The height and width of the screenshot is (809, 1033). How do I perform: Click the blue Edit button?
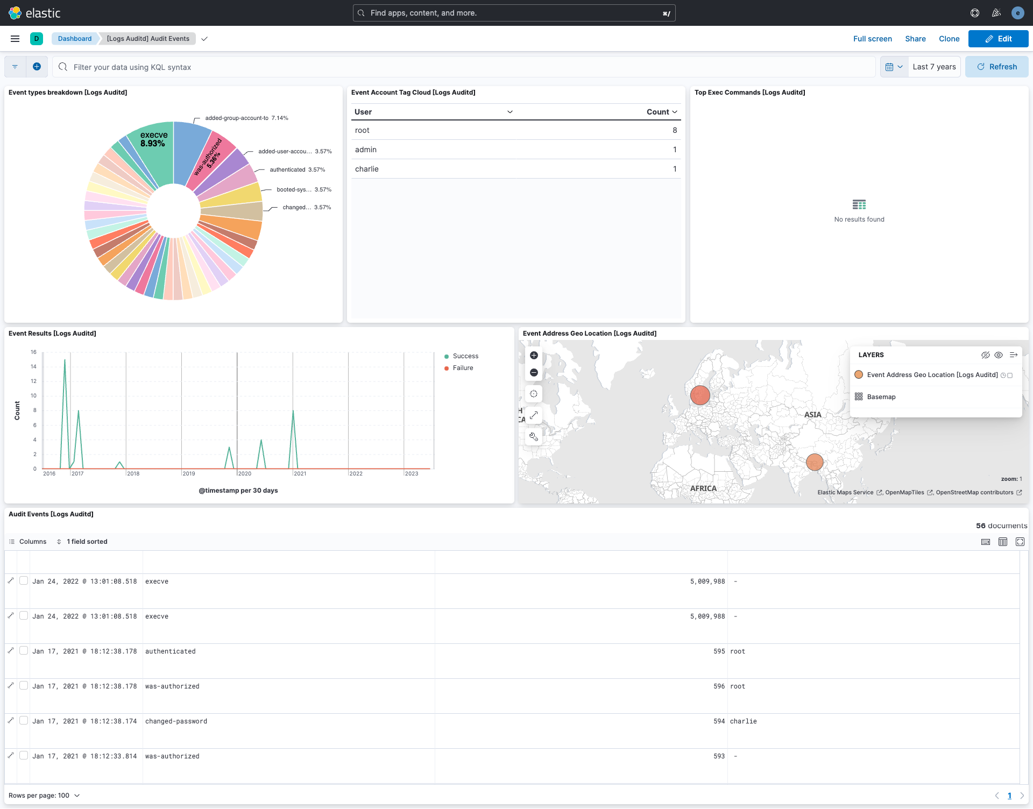point(998,39)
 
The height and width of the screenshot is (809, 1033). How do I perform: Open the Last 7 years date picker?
point(934,67)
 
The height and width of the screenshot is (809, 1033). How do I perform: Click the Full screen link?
point(872,39)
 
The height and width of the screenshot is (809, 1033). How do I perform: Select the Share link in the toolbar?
point(915,39)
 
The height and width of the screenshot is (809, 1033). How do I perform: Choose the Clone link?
point(949,39)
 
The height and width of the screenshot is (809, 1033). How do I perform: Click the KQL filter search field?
point(463,67)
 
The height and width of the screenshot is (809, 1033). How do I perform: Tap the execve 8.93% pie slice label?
point(153,139)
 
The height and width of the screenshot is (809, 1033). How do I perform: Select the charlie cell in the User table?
point(367,169)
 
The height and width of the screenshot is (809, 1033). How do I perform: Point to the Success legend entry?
point(465,356)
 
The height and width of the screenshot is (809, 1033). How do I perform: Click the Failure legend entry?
point(463,368)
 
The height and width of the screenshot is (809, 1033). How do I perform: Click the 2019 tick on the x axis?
point(189,474)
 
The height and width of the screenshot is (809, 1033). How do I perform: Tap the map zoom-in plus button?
point(534,356)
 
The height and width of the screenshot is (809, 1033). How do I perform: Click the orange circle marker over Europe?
point(700,395)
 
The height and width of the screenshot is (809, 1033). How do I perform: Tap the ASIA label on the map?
point(812,415)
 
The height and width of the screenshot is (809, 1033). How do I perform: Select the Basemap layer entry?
point(881,397)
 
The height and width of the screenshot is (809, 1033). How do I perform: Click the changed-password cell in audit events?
point(176,721)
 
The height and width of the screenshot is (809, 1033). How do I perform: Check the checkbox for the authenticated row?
point(24,651)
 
